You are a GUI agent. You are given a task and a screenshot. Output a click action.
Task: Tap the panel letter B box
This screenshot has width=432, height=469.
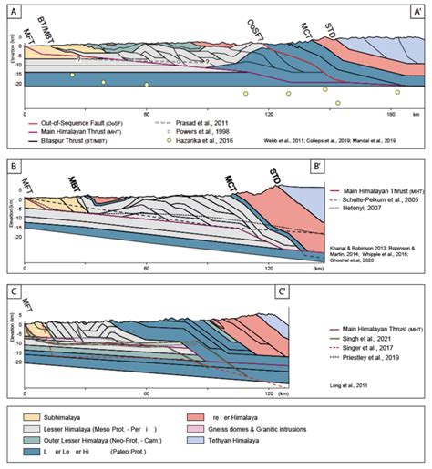click(x=12, y=168)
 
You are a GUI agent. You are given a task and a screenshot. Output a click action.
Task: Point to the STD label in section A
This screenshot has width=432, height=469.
click(x=330, y=36)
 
